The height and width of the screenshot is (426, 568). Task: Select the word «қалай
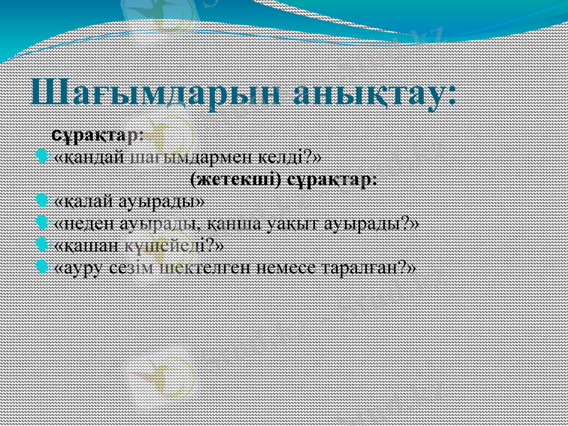[x=87, y=202]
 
